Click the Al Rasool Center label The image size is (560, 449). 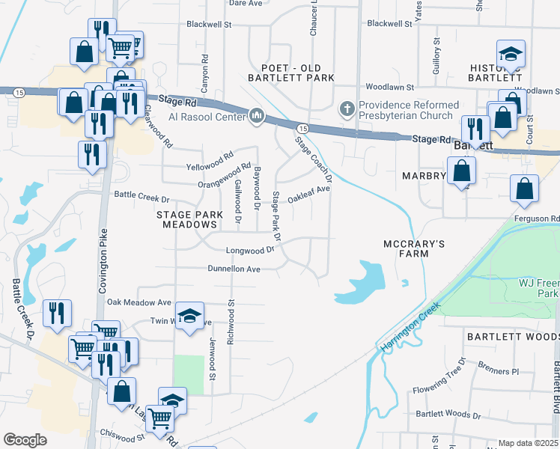click(206, 117)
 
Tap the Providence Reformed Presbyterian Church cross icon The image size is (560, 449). click(347, 109)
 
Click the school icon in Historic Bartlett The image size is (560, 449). click(511, 54)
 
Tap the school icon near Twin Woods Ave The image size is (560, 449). click(189, 316)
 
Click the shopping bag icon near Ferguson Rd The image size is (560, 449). click(524, 189)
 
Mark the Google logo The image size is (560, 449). click(25, 439)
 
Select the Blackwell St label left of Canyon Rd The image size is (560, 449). click(209, 25)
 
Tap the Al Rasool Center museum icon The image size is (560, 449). click(257, 116)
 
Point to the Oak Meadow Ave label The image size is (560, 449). click(139, 302)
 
